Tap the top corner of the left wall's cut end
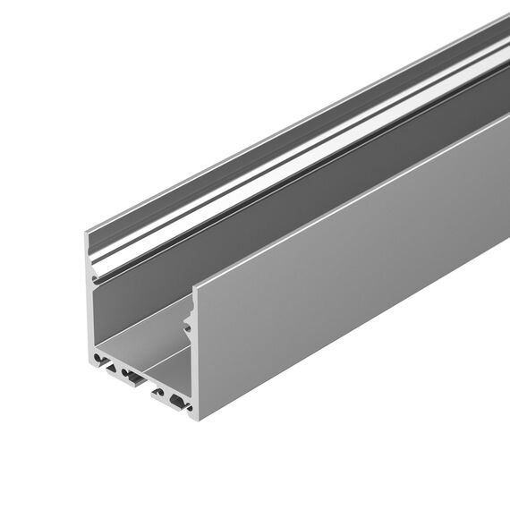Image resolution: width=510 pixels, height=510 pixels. (x=87, y=234)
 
